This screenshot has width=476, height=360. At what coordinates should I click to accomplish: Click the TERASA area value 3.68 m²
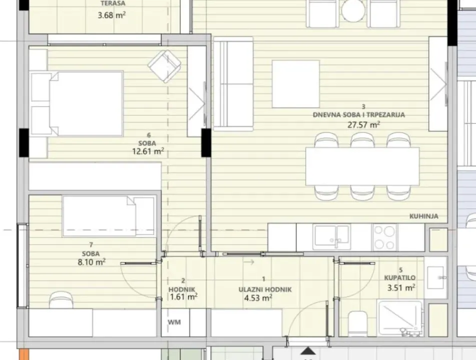pos(112,15)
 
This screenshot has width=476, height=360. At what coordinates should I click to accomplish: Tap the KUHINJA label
pos(424,216)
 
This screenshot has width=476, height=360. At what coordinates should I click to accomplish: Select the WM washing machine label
pos(174,322)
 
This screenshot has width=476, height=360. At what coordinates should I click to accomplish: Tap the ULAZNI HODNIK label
pos(264,289)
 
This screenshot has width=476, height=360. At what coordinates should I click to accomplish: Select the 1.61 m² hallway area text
pos(183,296)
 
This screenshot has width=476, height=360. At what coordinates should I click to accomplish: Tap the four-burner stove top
pos(384,236)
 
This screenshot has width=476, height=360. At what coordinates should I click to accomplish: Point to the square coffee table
pos(295,83)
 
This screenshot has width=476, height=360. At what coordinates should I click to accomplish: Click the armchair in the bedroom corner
pos(164,66)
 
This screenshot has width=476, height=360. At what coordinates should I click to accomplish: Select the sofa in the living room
pos(233,84)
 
